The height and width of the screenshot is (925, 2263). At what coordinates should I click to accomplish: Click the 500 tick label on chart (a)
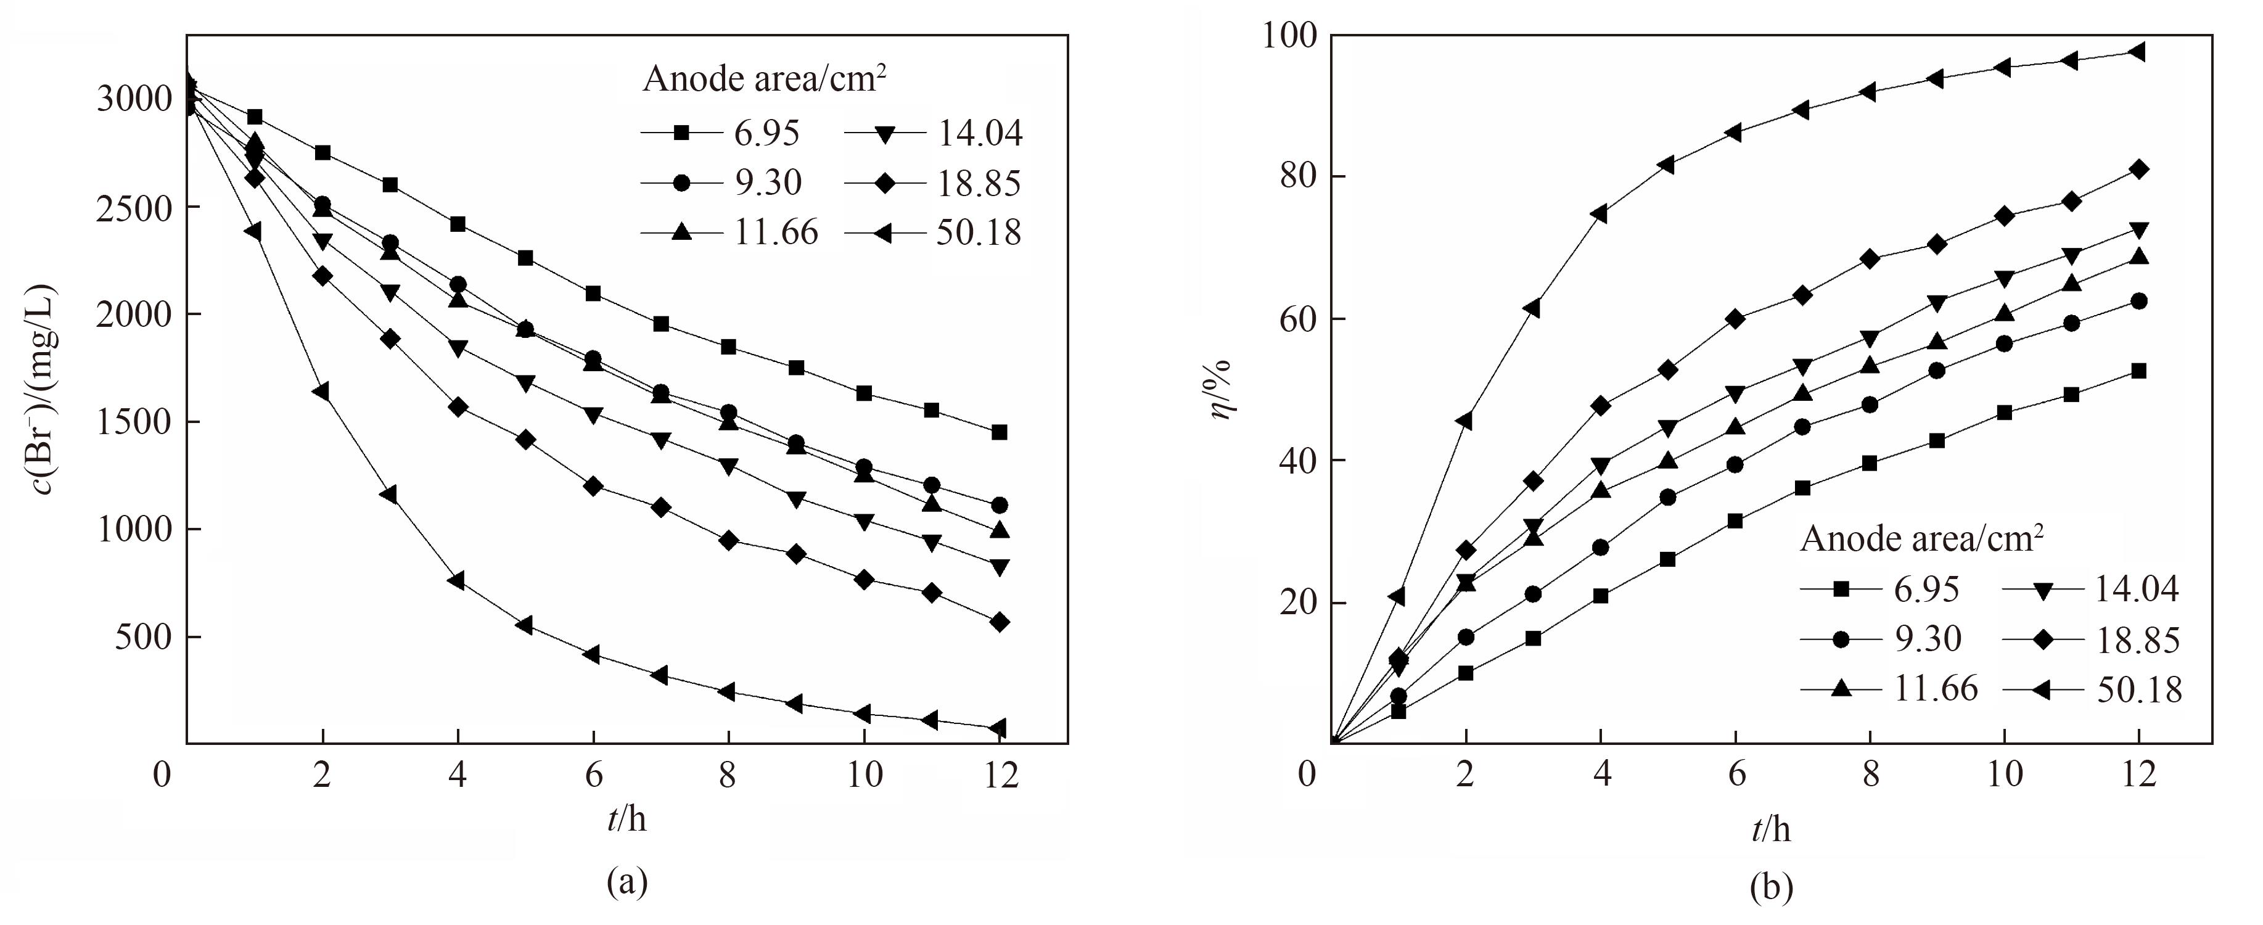pos(143,637)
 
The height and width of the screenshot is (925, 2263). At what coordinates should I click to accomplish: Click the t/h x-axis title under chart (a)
pos(626,819)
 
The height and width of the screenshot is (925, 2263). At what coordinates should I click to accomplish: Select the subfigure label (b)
pos(1771,888)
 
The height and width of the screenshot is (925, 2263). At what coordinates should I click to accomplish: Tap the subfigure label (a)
pos(627,881)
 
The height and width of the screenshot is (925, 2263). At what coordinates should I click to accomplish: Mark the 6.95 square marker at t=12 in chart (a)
pos(999,432)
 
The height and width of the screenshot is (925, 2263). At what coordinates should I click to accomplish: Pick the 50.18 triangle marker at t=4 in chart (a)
pos(457,581)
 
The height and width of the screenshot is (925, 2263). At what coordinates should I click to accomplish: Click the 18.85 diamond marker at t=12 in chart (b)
pos(2138,170)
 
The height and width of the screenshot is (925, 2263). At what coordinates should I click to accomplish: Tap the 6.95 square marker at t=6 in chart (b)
pos(1734,521)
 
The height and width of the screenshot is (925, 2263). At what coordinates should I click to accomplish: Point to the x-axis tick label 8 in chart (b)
pos(1870,775)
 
